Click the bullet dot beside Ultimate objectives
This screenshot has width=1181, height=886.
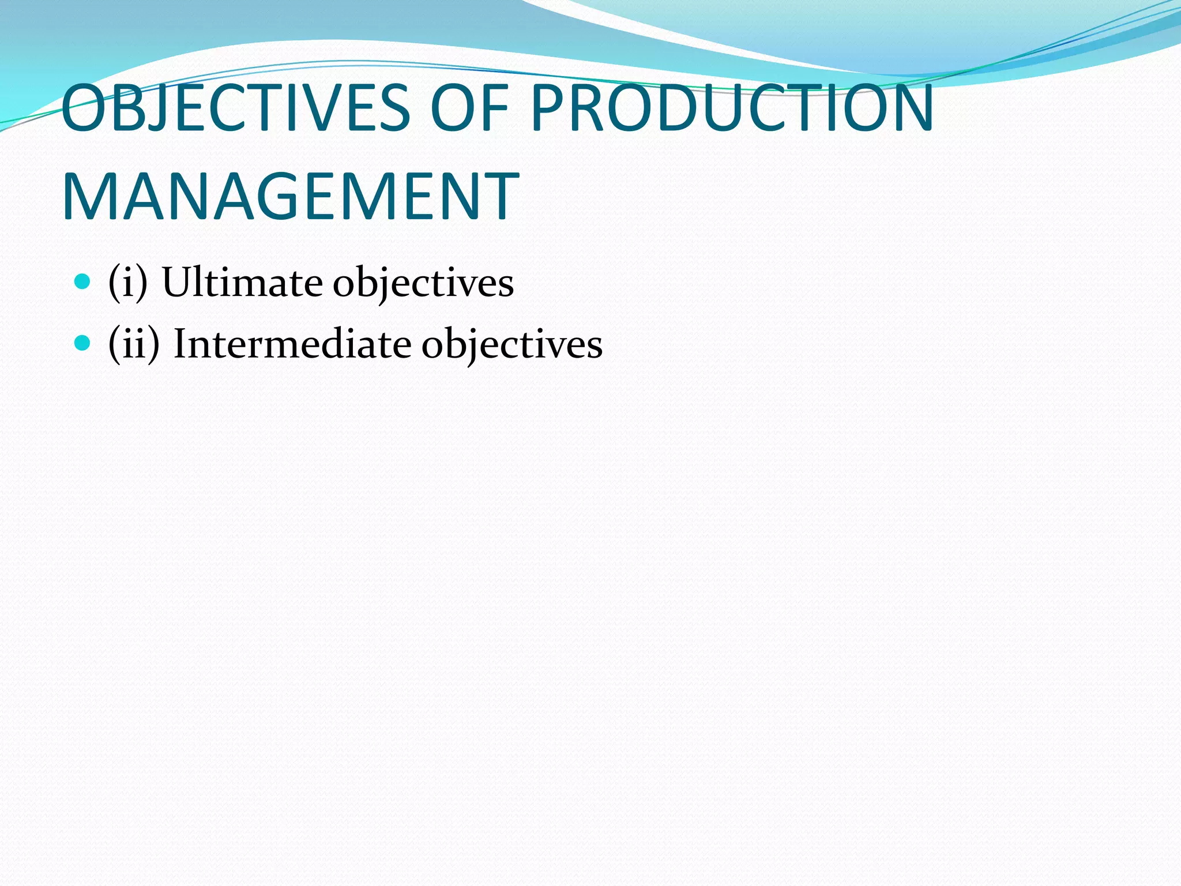[x=83, y=282]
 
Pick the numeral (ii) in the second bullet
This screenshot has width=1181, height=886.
[x=134, y=344]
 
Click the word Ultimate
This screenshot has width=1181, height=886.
[x=242, y=283]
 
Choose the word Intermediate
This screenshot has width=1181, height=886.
[x=292, y=344]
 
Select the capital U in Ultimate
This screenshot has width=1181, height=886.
[x=178, y=283]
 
